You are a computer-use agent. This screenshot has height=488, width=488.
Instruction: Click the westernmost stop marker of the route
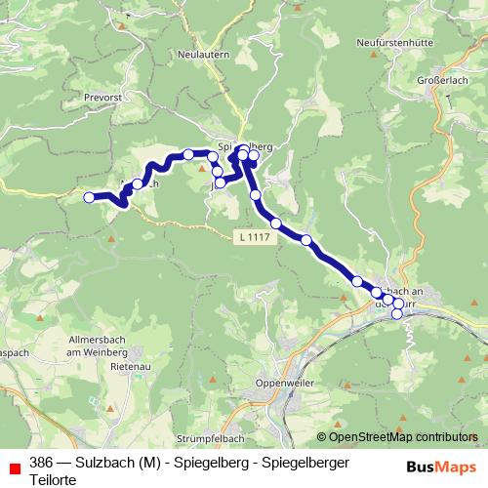(89, 197)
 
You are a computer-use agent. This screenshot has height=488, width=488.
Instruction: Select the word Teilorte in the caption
(52, 478)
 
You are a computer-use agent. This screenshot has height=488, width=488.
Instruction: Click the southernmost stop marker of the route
(397, 314)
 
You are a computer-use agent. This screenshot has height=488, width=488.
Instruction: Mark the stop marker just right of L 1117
(276, 224)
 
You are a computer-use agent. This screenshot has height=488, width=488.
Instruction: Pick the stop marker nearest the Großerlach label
(255, 154)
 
